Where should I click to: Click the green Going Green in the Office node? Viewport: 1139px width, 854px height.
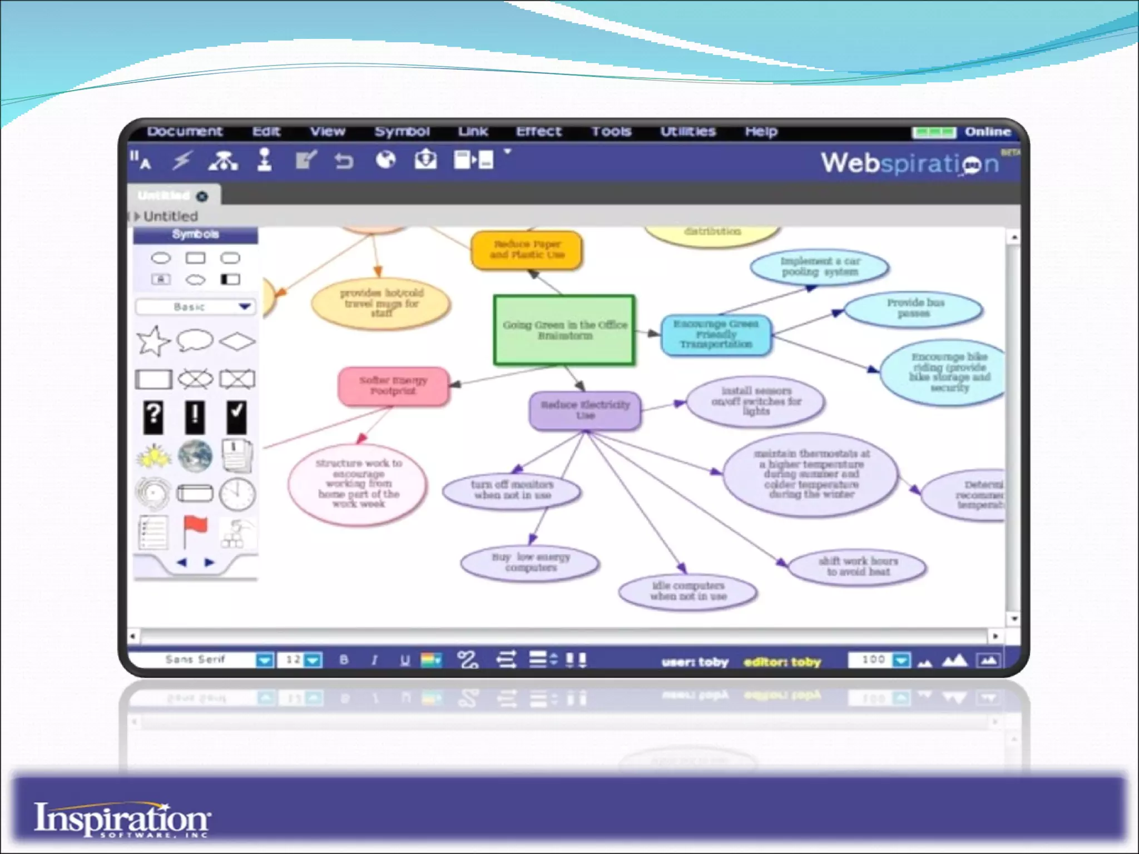click(x=564, y=330)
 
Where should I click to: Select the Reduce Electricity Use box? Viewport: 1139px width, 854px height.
click(x=585, y=410)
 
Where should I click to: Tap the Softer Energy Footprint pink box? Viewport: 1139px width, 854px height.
click(x=393, y=386)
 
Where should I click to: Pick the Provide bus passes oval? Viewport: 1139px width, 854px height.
click(x=914, y=308)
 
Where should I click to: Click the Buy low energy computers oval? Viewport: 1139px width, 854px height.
click(x=531, y=562)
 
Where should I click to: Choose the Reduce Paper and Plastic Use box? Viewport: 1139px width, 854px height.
click(x=527, y=250)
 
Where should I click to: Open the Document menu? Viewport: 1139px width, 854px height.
click(x=185, y=131)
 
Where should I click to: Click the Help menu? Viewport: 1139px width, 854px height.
click(x=761, y=131)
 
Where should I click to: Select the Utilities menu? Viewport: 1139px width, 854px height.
click(x=687, y=131)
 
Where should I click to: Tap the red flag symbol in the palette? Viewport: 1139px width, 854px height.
click(x=195, y=531)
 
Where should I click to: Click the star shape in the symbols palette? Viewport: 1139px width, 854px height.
click(x=153, y=340)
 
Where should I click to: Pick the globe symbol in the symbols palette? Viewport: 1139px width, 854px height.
click(x=195, y=455)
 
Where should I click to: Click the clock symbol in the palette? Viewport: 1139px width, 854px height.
click(x=237, y=494)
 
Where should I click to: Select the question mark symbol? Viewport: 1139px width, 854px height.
click(x=153, y=417)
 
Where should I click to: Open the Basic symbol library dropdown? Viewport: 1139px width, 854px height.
click(x=245, y=307)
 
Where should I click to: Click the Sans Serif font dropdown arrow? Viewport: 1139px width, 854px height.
click(x=265, y=661)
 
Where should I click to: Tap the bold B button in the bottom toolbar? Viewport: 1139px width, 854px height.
click(x=344, y=660)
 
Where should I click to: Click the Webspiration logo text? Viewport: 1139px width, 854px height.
click(x=910, y=163)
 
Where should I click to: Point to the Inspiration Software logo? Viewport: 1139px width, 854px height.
click(x=122, y=819)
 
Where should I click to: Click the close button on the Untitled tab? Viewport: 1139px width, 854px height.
click(x=202, y=196)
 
